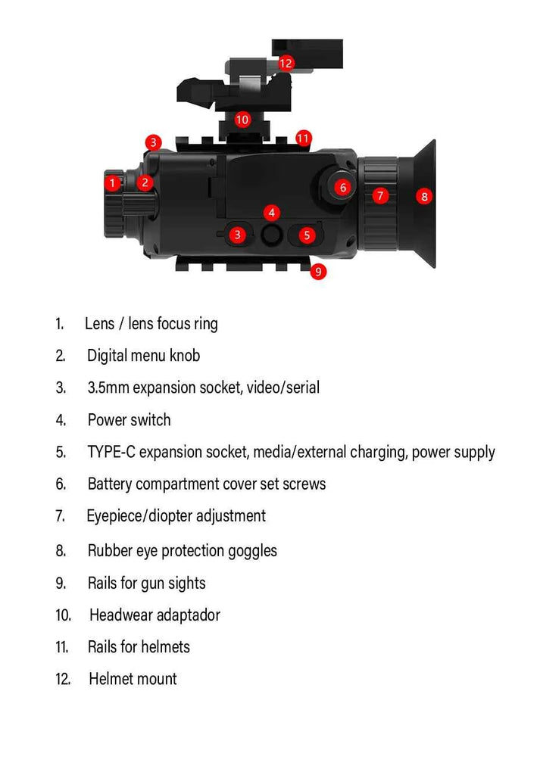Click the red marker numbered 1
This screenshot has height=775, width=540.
click(113, 182)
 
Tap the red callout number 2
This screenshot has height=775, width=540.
click(145, 182)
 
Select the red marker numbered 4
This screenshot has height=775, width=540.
click(272, 213)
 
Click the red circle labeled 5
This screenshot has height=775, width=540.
click(306, 235)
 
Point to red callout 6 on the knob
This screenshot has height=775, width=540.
click(342, 187)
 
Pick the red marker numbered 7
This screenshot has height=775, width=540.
click(381, 195)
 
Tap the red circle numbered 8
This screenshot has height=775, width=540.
click(424, 197)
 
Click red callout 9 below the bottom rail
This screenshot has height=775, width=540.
click(318, 271)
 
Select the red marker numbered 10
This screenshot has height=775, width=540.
click(242, 119)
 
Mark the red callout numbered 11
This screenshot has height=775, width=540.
click(303, 138)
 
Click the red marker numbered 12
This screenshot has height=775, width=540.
click(286, 63)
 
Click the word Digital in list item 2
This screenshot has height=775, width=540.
click(106, 355)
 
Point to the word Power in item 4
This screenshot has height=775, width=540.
click(105, 420)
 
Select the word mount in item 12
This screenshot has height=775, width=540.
click(156, 680)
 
